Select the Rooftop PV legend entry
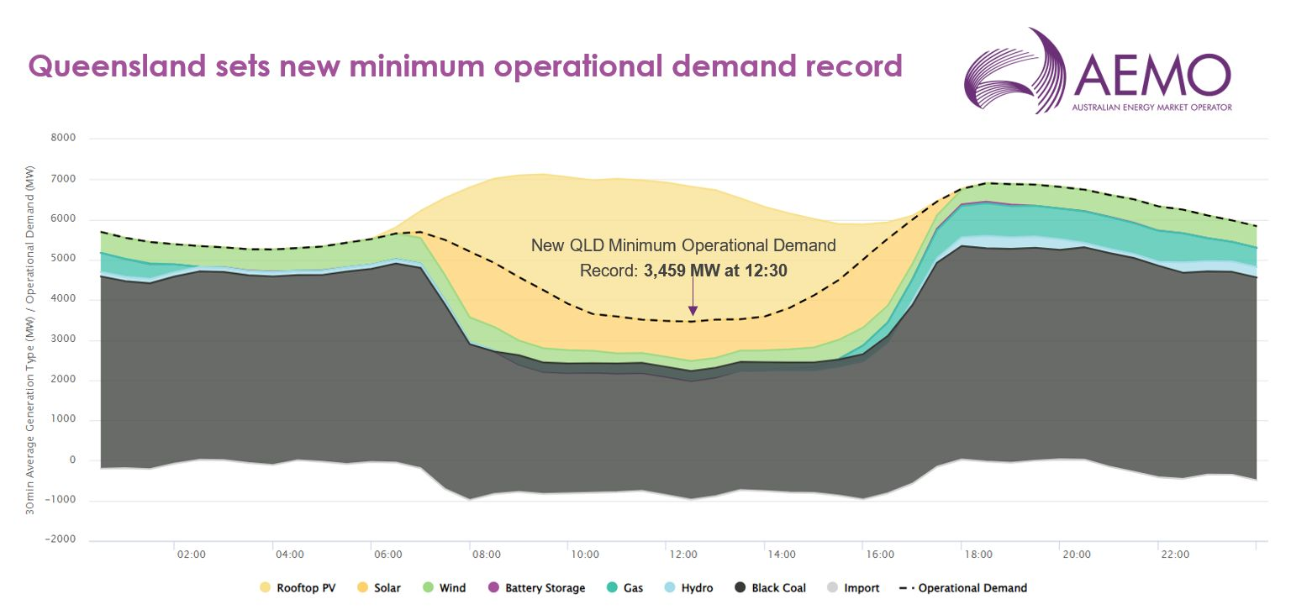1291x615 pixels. pos(298,588)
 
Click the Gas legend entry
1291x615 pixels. pos(625,588)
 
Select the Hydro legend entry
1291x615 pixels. pos(689,588)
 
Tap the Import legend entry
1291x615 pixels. pos(854,588)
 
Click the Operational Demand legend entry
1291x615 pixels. pos(963,588)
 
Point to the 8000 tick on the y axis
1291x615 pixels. pos(63,139)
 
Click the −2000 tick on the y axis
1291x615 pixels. pos(61,540)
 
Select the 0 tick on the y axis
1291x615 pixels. pos(72,460)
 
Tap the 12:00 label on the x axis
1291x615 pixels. pos(682,555)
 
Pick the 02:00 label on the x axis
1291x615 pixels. pos(191,555)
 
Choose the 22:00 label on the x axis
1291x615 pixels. pos(1174,555)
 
